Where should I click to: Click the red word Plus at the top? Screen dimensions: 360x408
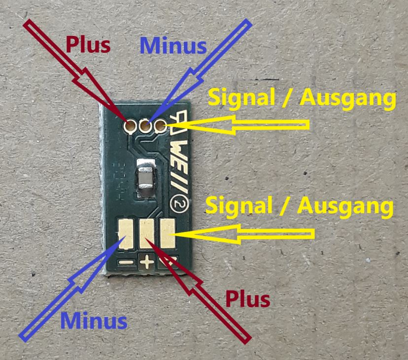88,45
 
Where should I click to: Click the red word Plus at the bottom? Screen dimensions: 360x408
248,298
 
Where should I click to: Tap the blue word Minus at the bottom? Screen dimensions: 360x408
94,321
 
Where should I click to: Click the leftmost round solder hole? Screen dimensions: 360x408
130,127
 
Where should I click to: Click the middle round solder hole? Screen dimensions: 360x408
145,127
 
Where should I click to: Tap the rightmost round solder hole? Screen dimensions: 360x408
160,127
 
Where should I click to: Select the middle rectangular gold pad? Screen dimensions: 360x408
147,233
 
